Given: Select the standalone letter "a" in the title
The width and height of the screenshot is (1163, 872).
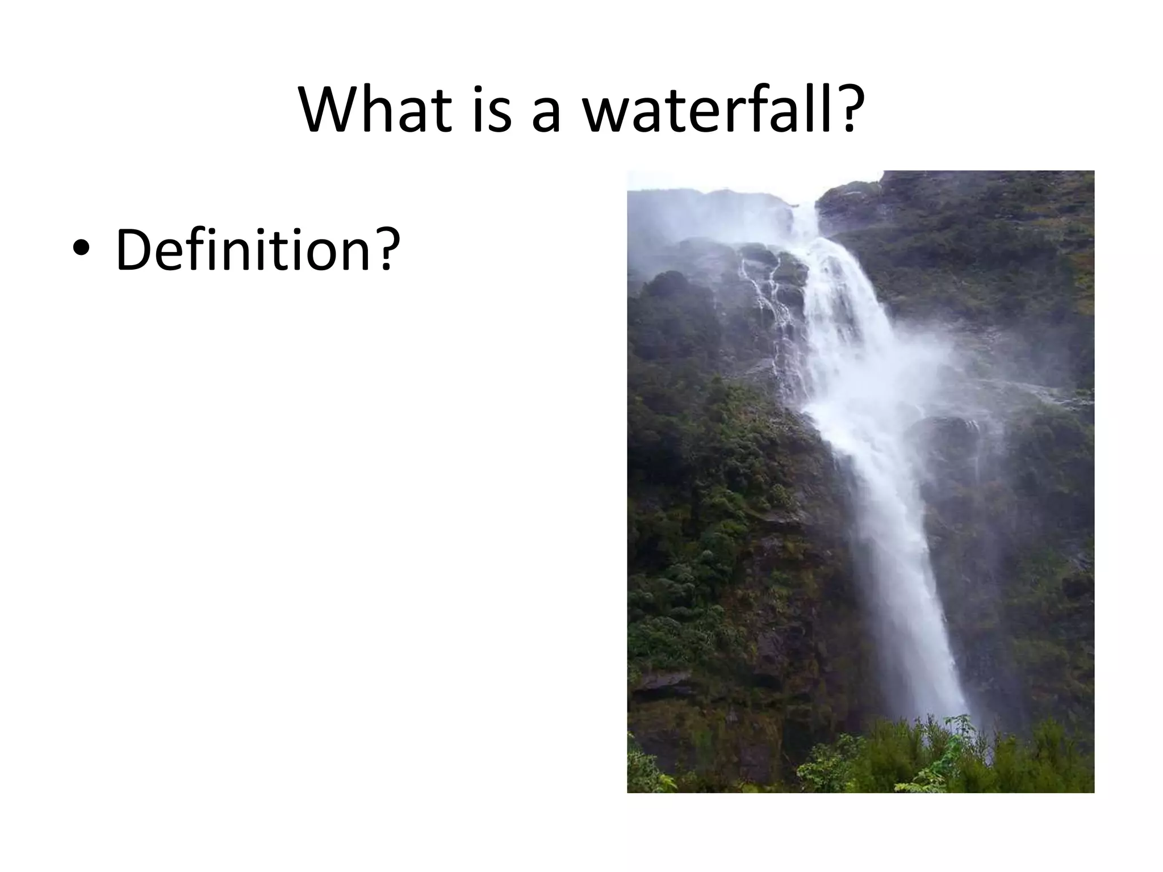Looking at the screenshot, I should coord(546,116).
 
